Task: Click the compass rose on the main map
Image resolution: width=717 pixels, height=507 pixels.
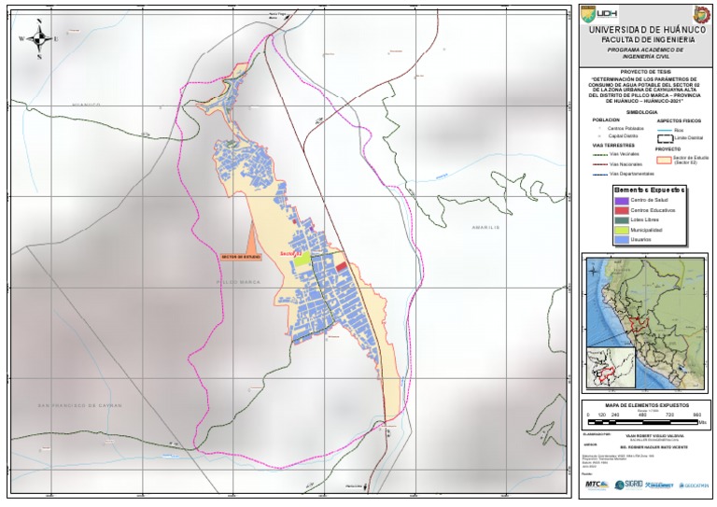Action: point(40,38)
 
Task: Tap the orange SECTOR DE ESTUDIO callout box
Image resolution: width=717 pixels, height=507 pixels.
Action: point(241,255)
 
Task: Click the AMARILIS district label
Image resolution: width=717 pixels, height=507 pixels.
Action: point(486,227)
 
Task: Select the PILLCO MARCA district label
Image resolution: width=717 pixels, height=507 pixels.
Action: point(238,281)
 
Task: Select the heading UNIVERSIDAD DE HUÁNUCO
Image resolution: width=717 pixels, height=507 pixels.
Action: point(642,31)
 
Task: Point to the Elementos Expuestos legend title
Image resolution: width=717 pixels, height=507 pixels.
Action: point(642,189)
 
